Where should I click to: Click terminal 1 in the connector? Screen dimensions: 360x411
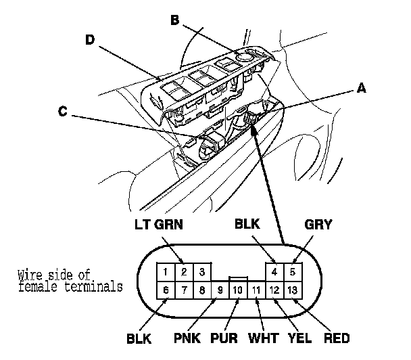(164, 273)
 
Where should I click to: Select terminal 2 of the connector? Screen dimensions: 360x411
(183, 273)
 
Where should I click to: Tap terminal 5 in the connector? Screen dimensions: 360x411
(293, 273)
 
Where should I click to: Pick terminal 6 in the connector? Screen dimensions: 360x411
(164, 290)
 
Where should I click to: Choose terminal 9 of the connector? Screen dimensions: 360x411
(220, 290)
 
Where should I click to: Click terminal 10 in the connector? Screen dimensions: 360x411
(237, 290)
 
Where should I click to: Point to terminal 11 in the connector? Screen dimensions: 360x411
(256, 290)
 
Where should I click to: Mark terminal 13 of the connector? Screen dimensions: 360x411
(293, 290)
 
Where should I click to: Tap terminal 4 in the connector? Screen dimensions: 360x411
(274, 273)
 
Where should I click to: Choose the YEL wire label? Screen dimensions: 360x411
(299, 337)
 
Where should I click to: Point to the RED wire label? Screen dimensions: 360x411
(337, 337)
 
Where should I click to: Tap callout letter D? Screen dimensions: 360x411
(89, 39)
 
